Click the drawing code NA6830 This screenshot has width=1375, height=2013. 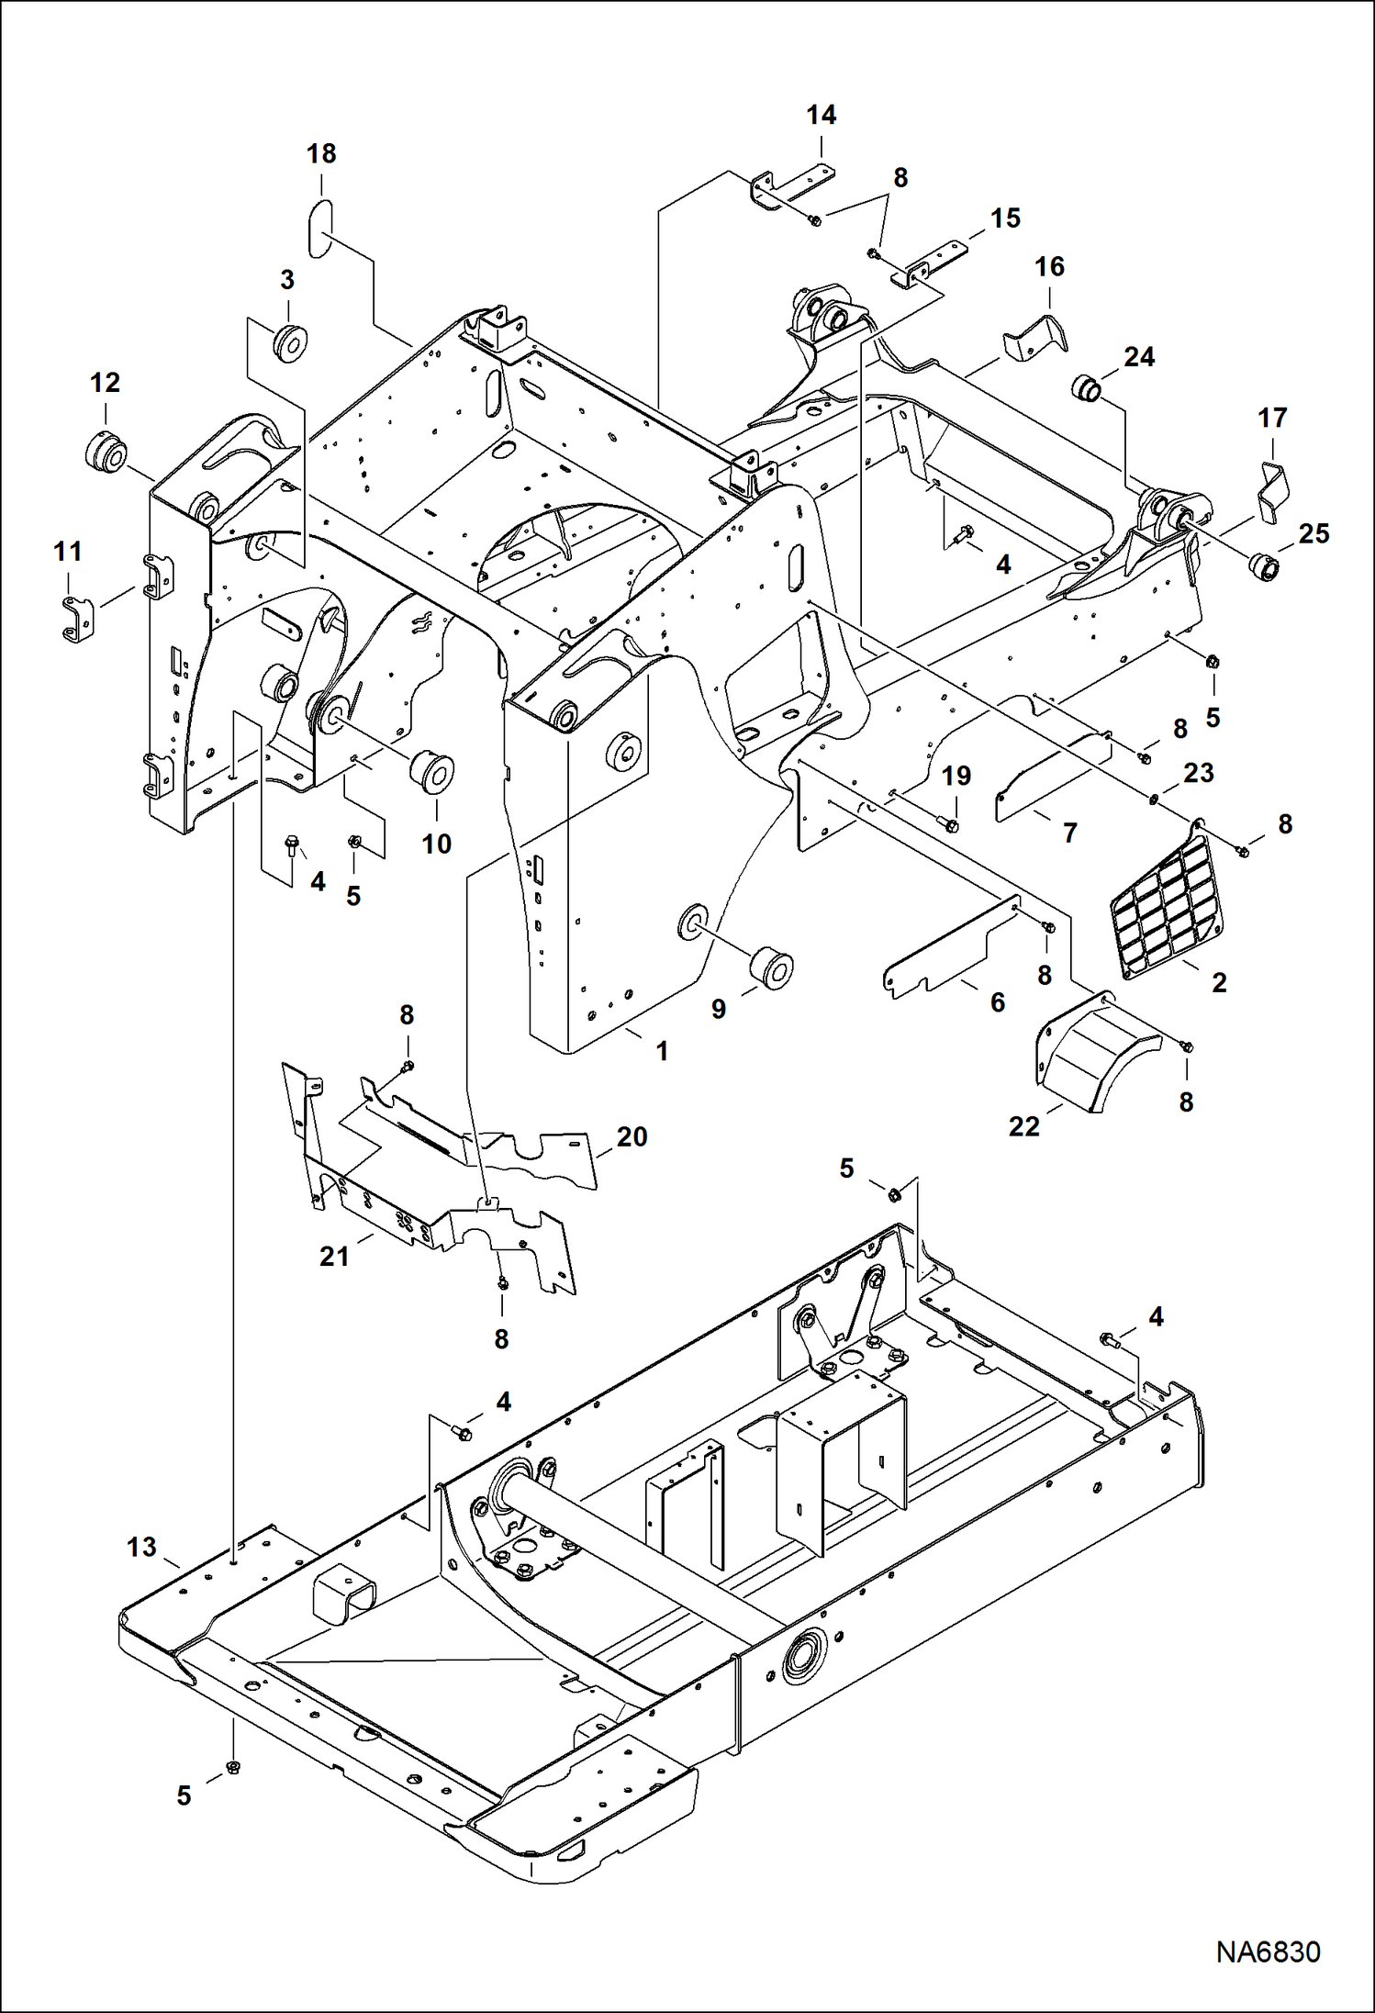tap(1268, 1951)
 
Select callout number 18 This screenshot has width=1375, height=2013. tap(321, 154)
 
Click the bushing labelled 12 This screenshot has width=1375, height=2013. tap(109, 451)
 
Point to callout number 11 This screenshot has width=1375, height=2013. tap(67, 552)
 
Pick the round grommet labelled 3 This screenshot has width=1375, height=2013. tap(291, 342)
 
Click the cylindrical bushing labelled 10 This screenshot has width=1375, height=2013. tap(430, 772)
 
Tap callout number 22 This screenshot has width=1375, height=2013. tap(1023, 1126)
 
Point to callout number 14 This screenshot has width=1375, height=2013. tap(821, 116)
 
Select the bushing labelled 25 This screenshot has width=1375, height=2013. tap(1269, 569)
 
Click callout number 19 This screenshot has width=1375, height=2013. tap(956, 777)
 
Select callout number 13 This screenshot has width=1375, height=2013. tap(141, 1547)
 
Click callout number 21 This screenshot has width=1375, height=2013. tap(334, 1256)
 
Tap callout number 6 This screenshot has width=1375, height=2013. tap(997, 1002)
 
